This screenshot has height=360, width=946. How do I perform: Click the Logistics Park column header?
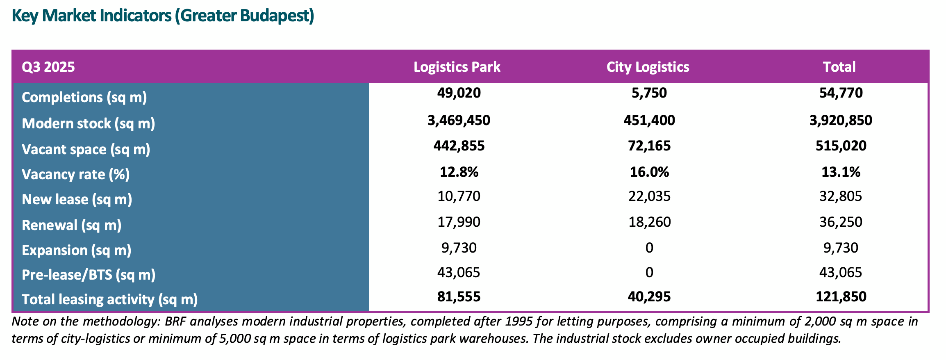click(457, 67)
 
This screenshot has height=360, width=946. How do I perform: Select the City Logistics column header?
click(648, 67)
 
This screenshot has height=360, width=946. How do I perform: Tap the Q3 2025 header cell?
click(48, 67)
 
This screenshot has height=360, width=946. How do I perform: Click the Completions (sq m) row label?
click(84, 97)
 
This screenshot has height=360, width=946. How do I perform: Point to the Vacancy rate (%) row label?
click(75, 174)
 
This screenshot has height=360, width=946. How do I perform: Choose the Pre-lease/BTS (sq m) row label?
click(89, 274)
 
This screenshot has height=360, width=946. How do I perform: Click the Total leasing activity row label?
click(109, 299)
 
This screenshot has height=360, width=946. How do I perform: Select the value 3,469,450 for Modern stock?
click(459, 120)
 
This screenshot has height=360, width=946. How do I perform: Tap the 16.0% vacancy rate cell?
click(649, 172)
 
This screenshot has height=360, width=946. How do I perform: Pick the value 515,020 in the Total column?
click(841, 146)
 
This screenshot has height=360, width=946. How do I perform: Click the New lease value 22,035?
click(649, 196)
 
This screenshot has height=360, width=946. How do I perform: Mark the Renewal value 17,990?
click(459, 222)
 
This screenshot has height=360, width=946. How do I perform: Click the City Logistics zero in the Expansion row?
click(649, 248)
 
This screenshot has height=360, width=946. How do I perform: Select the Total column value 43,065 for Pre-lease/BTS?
click(841, 272)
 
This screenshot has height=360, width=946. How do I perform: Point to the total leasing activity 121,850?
click(841, 296)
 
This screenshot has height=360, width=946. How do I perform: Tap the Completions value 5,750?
click(649, 93)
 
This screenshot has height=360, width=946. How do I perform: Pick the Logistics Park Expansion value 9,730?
click(459, 248)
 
